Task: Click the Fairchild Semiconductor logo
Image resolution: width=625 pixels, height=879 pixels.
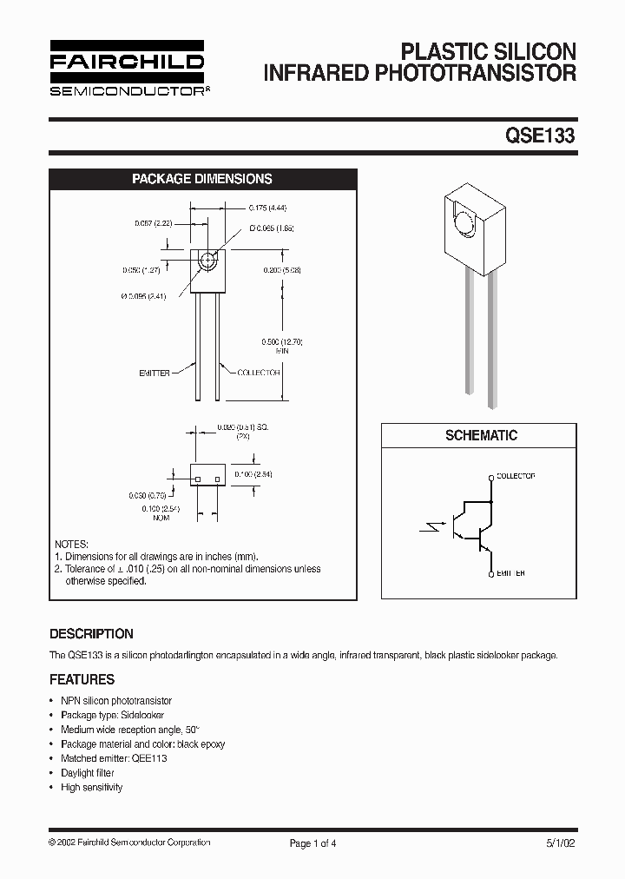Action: [127, 68]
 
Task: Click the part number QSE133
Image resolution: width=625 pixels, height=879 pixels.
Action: [540, 135]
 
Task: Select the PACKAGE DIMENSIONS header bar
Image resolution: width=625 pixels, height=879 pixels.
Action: [201, 179]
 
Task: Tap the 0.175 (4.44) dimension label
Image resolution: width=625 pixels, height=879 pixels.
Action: [267, 208]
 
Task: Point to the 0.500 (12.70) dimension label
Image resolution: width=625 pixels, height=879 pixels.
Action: [282, 342]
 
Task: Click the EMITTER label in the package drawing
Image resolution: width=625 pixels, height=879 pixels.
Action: [155, 373]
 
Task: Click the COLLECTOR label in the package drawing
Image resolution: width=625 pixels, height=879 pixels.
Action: [259, 373]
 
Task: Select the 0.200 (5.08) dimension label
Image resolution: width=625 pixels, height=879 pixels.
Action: [282, 270]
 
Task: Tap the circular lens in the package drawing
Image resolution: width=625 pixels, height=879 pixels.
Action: [208, 261]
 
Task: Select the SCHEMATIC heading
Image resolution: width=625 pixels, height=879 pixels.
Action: [481, 435]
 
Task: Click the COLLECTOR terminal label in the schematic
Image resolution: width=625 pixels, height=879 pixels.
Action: [516, 476]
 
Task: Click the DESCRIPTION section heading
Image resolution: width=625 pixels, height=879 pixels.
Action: [91, 634]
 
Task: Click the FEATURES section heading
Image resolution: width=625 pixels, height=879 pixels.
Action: [82, 679]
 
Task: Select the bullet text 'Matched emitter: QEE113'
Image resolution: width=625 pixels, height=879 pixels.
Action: [114, 758]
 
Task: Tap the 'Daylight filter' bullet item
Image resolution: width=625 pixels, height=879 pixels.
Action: [88, 773]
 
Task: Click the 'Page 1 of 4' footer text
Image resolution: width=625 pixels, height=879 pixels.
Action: [312, 843]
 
